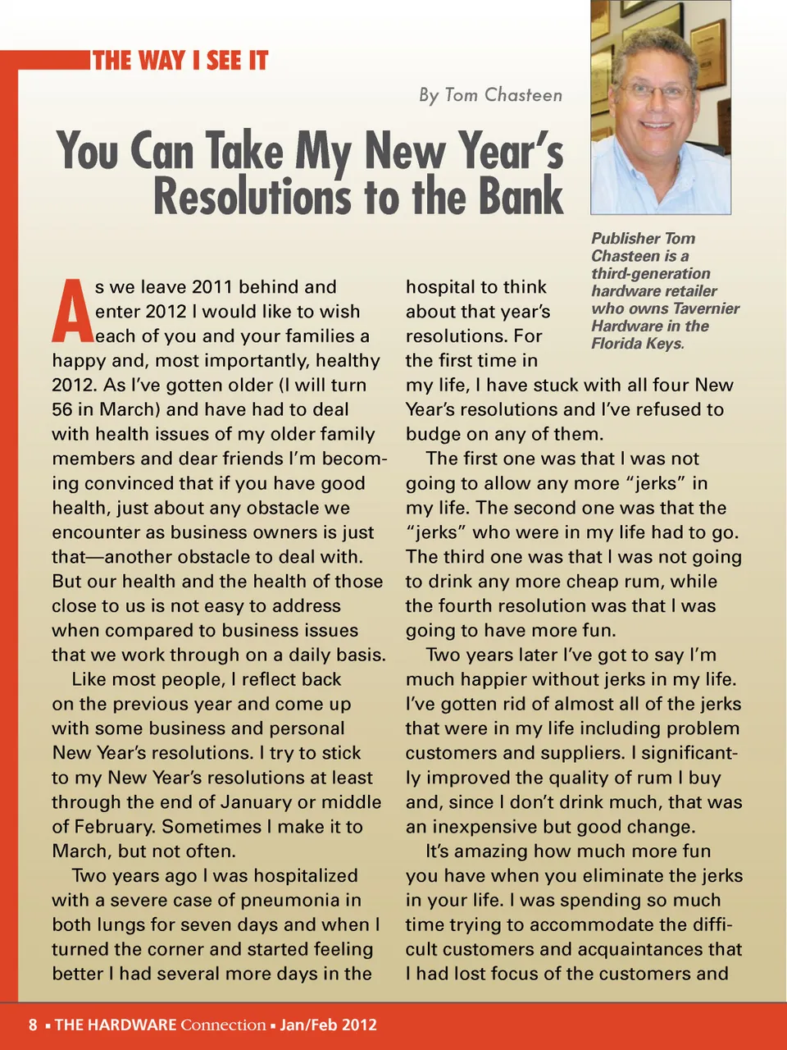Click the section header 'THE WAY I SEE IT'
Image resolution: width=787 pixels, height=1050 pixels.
(180, 61)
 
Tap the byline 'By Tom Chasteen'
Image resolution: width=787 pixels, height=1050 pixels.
(490, 95)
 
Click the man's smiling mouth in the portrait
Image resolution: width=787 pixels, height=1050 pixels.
(656, 126)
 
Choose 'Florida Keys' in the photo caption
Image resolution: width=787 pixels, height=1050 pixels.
(637, 343)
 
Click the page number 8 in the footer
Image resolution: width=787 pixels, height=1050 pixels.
(33, 1025)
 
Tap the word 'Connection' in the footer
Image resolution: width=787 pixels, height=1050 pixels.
(223, 1025)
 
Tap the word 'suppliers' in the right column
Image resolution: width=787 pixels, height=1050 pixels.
(584, 753)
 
